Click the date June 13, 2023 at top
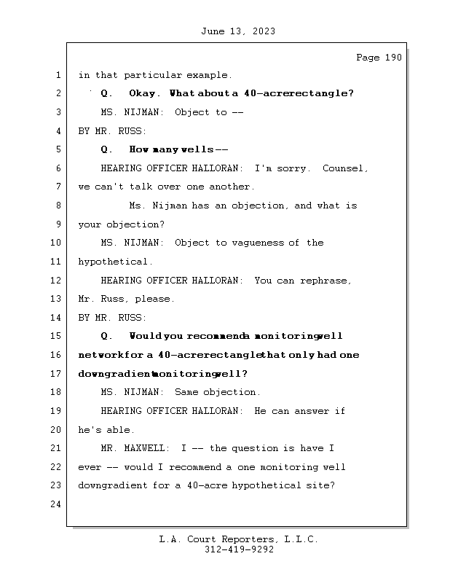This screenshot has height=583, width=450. point(238,31)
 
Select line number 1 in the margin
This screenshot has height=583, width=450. point(58,75)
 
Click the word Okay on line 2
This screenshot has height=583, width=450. point(144,93)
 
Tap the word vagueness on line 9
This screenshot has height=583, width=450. point(263,243)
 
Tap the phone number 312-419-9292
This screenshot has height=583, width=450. point(239,550)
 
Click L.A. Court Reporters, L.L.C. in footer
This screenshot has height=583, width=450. point(239,540)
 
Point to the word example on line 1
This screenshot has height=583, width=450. point(209,75)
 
